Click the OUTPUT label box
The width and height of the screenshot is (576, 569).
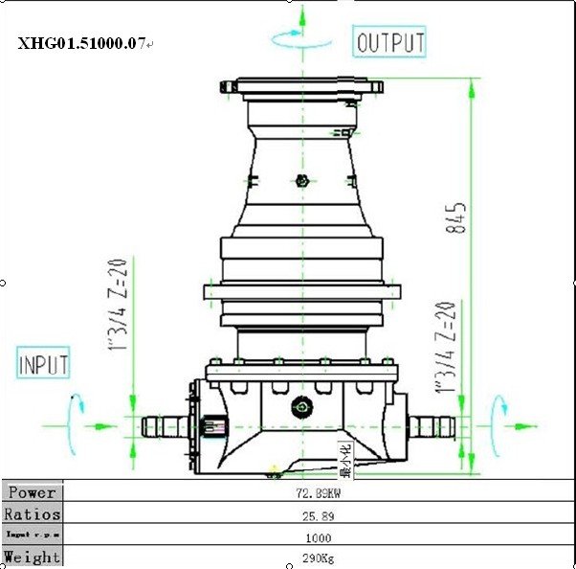pyautogui.click(x=390, y=43)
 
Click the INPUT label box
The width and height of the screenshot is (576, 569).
pyautogui.click(x=44, y=365)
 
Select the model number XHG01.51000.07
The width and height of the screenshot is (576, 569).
pyautogui.click(x=81, y=43)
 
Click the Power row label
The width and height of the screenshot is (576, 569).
pyautogui.click(x=32, y=492)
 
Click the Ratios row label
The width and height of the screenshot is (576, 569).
pyautogui.click(x=32, y=514)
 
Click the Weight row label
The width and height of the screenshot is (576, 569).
pyautogui.click(x=32, y=557)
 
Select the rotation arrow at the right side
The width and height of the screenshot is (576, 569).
pyautogui.click(x=498, y=414)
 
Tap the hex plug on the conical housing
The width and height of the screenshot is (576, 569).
pyautogui.click(x=301, y=180)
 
